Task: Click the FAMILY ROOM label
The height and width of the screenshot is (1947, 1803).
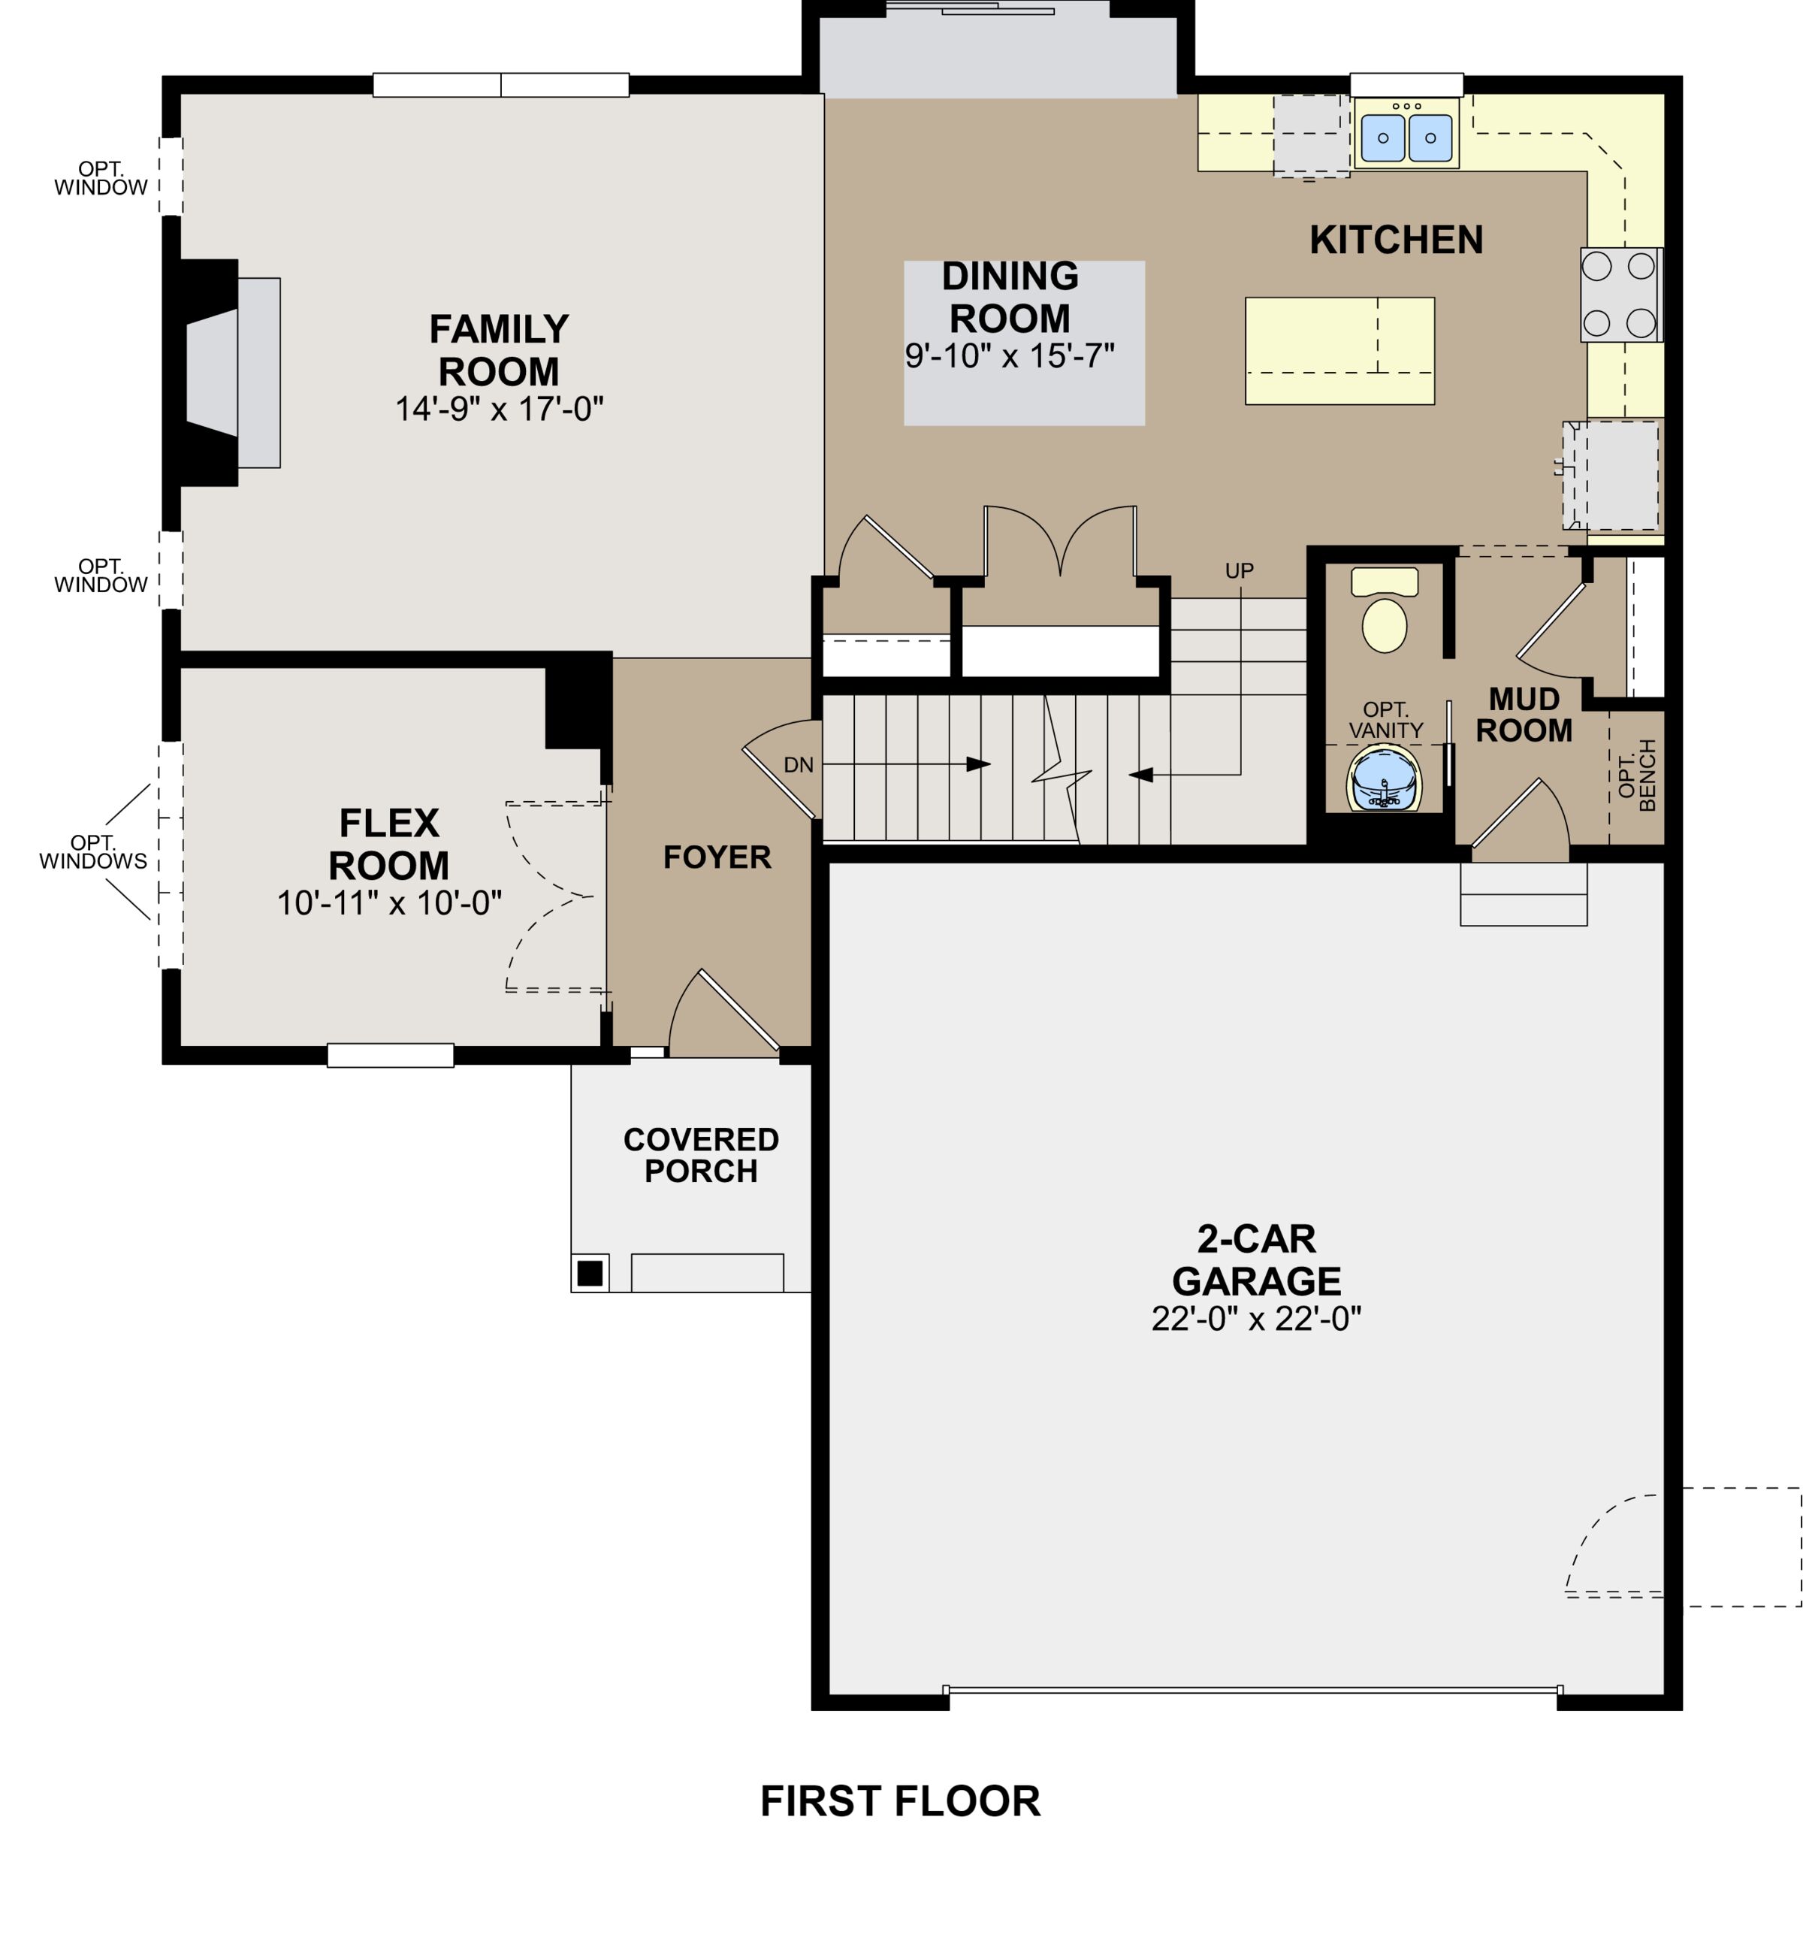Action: (499, 350)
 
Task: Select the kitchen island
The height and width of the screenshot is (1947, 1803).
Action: (1339, 350)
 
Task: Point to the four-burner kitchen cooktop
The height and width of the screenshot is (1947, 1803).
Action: (1619, 295)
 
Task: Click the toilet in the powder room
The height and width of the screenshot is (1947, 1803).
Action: (1384, 615)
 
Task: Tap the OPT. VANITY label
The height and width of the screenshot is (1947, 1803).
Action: (1385, 720)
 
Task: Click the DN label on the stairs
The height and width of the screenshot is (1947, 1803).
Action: (798, 765)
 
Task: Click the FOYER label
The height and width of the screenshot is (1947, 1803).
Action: (717, 857)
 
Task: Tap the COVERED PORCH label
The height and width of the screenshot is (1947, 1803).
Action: (700, 1154)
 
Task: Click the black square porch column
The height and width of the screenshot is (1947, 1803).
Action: (589, 1273)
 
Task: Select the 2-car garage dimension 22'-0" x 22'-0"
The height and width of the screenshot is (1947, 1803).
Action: (1255, 1319)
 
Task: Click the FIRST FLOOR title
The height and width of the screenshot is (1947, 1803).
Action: (899, 1801)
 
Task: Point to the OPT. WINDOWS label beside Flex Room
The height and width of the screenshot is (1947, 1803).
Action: (94, 852)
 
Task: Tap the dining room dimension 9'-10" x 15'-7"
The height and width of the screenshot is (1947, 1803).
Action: (1009, 356)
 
